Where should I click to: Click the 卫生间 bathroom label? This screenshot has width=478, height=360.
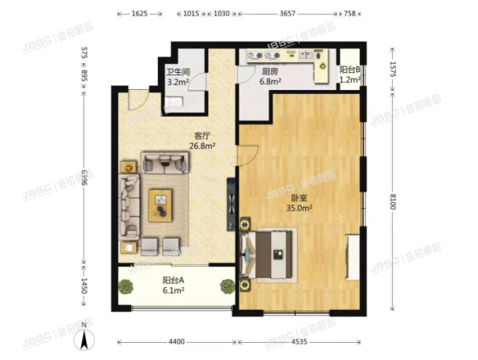click(176, 71)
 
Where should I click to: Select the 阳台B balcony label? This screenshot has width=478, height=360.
click(349, 70)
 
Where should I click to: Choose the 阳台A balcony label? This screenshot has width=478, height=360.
click(173, 280)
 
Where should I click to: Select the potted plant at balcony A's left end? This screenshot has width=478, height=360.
click(126, 286)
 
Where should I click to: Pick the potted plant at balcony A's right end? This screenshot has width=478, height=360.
click(227, 286)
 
